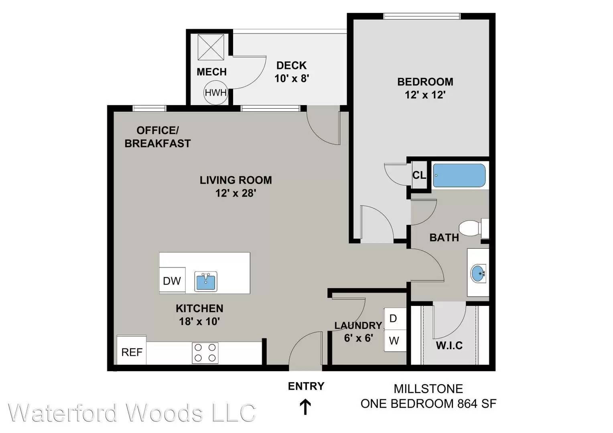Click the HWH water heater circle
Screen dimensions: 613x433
216,93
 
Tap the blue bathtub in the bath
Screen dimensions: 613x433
459,175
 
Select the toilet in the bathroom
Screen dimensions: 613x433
474,228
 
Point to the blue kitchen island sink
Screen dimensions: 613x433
206,281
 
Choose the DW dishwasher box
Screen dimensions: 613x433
172,280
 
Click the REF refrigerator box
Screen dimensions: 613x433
132,350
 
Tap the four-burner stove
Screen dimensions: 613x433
205,353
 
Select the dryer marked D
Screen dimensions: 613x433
395,318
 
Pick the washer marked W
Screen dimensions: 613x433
395,340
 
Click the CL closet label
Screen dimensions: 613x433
419,175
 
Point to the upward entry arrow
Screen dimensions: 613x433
305,407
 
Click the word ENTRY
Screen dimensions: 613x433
306,386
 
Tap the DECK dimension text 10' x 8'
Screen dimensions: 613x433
292,79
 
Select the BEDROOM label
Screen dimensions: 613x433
425,82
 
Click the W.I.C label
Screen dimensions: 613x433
449,346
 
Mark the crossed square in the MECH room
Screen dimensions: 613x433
211,47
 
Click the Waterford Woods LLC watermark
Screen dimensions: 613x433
132,413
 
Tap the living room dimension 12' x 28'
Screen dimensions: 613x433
235,193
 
